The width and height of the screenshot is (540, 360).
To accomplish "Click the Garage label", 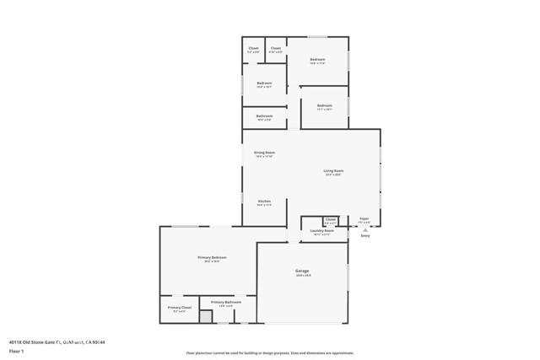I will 301,271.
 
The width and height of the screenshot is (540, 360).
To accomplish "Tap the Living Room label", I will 333,170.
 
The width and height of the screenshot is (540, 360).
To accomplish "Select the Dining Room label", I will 264,153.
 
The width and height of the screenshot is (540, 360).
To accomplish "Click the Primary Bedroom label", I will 213,257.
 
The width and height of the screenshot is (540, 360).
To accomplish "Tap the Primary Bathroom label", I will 226,302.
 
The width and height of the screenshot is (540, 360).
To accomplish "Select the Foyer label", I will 364,218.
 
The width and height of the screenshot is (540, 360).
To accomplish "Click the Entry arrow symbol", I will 365,228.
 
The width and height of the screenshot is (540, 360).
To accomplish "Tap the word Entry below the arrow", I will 365,236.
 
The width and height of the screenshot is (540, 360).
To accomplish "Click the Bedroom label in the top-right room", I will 317,59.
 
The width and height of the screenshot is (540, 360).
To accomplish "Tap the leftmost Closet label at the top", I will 253,48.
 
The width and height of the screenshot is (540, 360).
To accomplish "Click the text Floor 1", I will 16,350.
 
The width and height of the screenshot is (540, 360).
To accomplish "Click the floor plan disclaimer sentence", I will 270,353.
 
